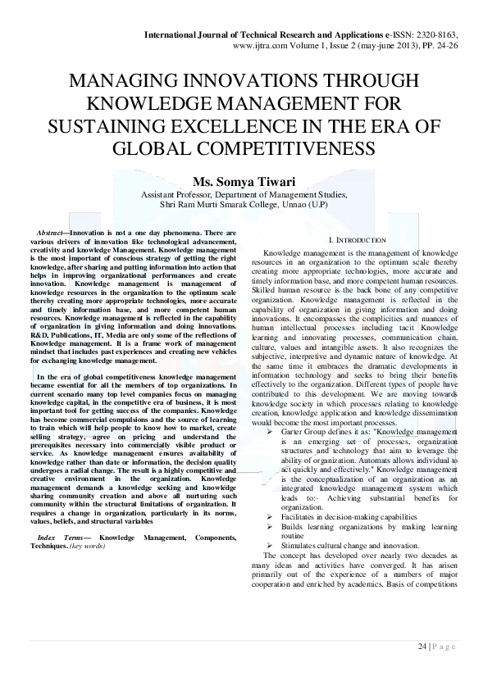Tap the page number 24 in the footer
[x=422, y=647]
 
